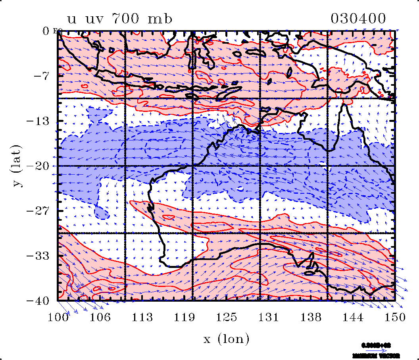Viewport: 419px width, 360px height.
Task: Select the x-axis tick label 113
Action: pos(142,317)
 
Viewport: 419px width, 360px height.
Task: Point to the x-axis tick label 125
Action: pos(227,317)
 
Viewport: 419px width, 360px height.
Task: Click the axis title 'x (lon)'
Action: pos(227,339)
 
